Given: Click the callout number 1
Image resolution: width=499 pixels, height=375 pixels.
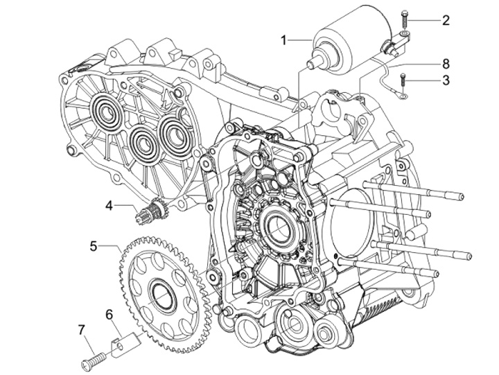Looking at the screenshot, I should tap(284, 40).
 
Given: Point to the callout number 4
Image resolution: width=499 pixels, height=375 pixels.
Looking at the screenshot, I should tap(110, 205).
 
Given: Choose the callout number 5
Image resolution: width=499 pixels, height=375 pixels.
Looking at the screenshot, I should tap(94, 245).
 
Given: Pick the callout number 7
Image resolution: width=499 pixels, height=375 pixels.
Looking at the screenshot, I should tap(81, 327).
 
